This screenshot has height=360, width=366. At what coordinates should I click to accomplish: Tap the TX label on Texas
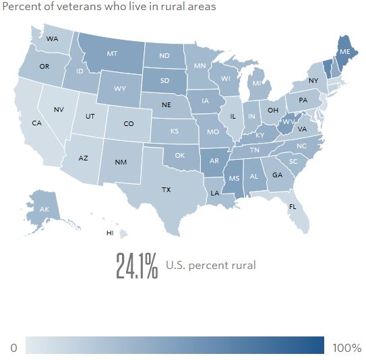click(x=166, y=190)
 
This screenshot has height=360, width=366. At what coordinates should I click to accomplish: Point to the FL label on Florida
click(x=292, y=206)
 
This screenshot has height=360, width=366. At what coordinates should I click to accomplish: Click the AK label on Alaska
click(x=44, y=210)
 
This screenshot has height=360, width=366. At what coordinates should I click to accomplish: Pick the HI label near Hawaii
click(x=109, y=233)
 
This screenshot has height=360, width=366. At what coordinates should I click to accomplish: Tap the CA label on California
click(x=36, y=123)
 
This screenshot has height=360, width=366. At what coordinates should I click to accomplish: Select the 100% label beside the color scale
click(x=347, y=348)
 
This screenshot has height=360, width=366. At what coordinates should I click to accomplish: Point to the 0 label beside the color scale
click(x=13, y=348)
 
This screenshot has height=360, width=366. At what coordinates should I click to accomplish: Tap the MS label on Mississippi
click(x=234, y=179)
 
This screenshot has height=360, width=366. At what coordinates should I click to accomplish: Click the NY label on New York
click(x=313, y=81)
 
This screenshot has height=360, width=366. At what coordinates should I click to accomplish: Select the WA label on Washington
click(x=52, y=38)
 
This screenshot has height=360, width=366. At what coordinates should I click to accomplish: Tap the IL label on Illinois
click(x=233, y=116)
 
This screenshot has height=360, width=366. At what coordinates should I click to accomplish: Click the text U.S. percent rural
click(x=211, y=265)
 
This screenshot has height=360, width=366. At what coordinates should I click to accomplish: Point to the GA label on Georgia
click(x=277, y=175)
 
